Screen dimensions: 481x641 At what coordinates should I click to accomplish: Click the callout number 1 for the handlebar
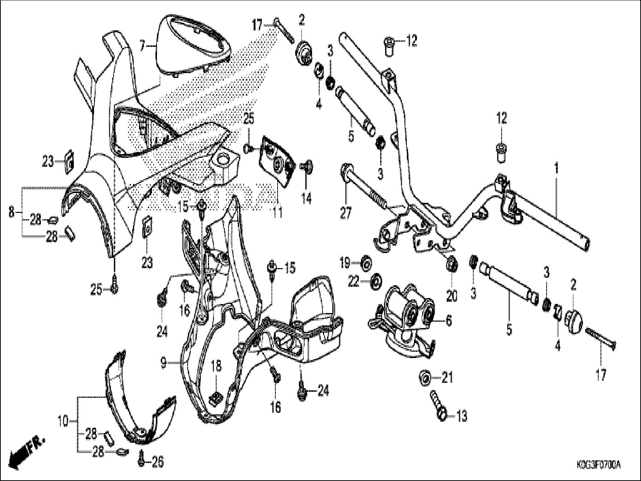(556, 168)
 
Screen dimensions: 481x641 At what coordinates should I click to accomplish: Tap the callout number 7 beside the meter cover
(142, 46)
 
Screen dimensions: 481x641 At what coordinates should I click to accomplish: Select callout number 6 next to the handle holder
(448, 321)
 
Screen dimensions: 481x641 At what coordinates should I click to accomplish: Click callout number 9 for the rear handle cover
(163, 363)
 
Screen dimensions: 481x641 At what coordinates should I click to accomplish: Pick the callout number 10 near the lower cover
(63, 421)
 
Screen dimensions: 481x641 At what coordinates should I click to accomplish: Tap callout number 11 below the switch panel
(277, 213)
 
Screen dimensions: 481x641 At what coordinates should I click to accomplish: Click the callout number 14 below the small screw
(306, 199)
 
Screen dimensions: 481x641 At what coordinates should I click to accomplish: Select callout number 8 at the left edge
(12, 212)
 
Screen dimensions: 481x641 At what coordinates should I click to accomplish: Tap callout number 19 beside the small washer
(345, 262)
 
